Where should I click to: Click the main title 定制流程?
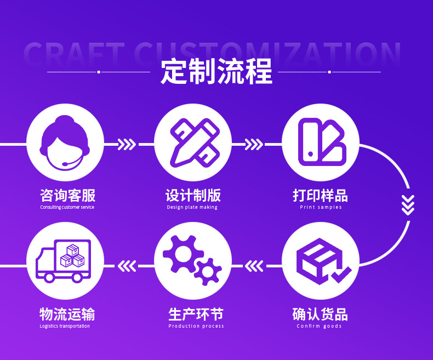(x=216, y=72)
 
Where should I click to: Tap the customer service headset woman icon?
(x=65, y=142)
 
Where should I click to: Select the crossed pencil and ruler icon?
(x=192, y=142)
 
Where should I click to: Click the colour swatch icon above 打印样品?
(x=321, y=142)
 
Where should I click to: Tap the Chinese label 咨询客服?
(x=67, y=195)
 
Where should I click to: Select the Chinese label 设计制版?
(x=193, y=195)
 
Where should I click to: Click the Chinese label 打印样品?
(x=321, y=195)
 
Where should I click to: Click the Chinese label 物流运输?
(x=67, y=314)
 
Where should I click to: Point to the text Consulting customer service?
(x=67, y=207)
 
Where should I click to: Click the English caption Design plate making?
(x=192, y=207)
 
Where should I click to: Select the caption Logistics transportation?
(x=65, y=326)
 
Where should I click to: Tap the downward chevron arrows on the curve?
(x=408, y=204)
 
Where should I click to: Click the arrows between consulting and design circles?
(x=127, y=144)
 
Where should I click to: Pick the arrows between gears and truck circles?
(x=127, y=266)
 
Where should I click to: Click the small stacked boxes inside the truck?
(x=73, y=255)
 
